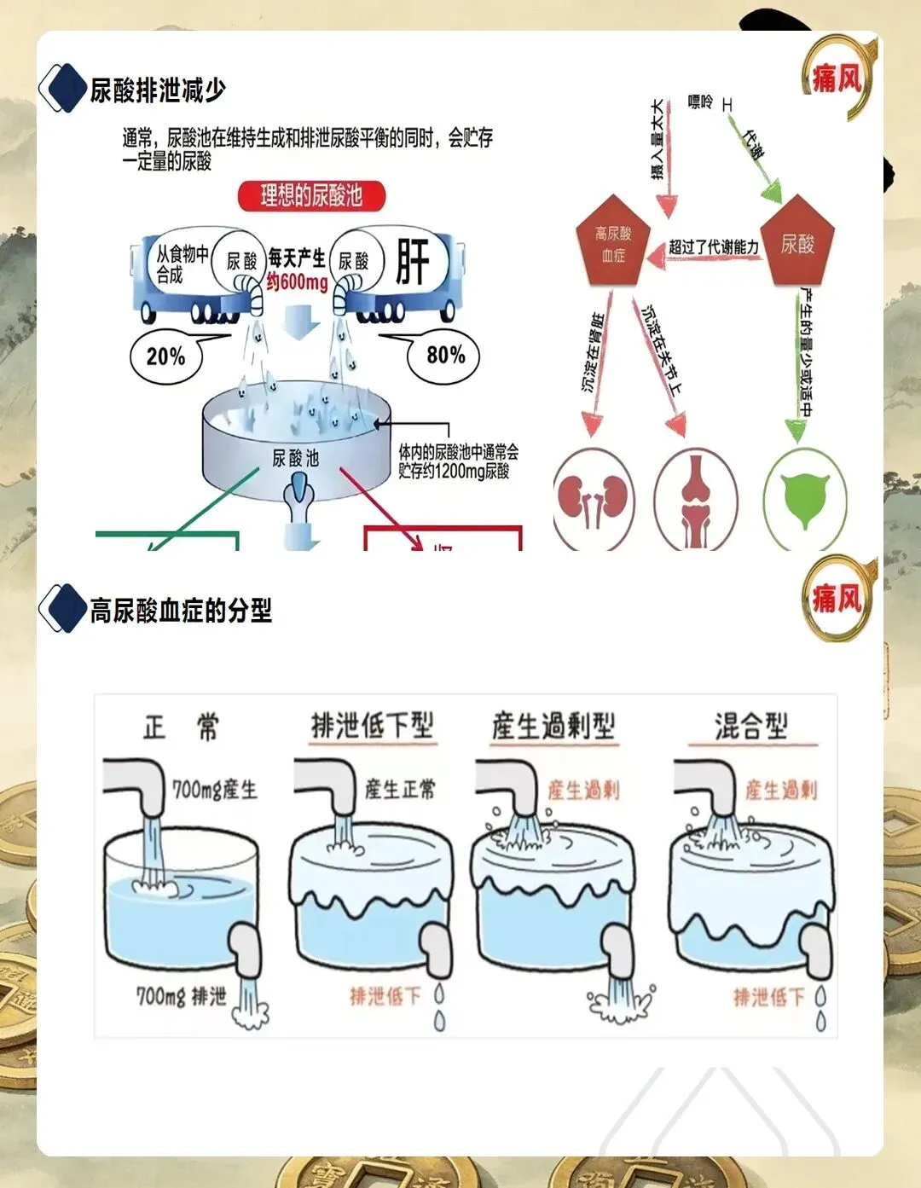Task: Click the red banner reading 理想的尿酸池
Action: tap(311, 196)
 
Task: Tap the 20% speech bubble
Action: tap(166, 356)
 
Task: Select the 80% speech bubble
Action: tap(445, 355)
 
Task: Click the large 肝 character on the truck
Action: tap(413, 261)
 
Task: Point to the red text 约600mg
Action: tap(297, 282)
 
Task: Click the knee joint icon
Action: tap(696, 501)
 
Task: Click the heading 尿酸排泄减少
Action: tap(158, 90)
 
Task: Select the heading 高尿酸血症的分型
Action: tap(181, 611)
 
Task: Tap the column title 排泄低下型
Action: tap(373, 726)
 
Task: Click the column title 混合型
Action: tap(751, 726)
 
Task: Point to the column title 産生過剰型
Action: tap(553, 726)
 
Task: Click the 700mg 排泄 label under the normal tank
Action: tap(182, 995)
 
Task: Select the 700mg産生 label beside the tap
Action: tap(215, 790)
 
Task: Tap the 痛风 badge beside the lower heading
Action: tap(836, 600)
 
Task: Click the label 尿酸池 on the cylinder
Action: tap(295, 459)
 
